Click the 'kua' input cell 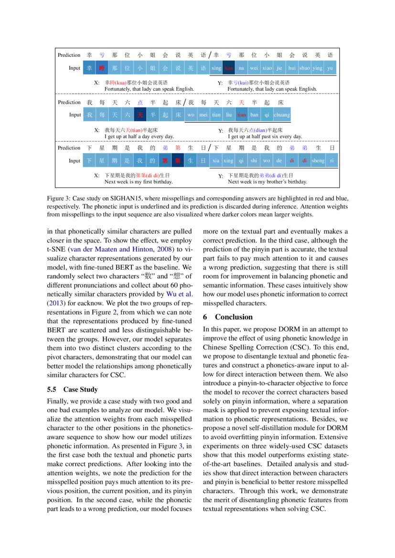click(229, 68)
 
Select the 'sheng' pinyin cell click(318, 161)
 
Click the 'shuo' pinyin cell click(304, 68)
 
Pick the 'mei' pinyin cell click(203, 115)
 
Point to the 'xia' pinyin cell click(216, 161)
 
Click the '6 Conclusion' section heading click(228, 317)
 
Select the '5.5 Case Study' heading click(74, 390)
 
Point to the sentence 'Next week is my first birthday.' click(139, 182)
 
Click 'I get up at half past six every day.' click(265, 137)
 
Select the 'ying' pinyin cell click(317, 68)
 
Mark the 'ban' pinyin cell click(254, 115)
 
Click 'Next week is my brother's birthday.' click(267, 182)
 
